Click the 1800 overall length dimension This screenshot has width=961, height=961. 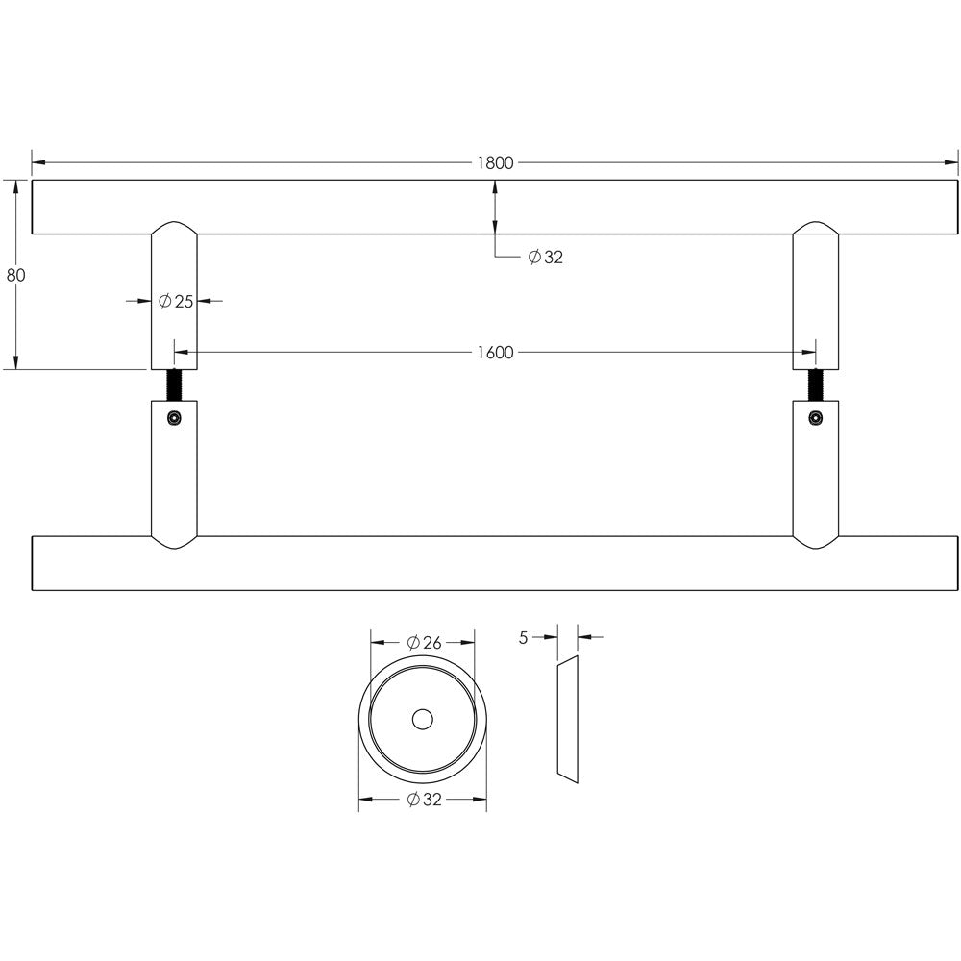495,163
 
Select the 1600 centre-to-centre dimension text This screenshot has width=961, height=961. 495,353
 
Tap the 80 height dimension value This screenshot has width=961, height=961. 16,275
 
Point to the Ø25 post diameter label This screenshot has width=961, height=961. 176,301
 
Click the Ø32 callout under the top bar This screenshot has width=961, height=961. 546,257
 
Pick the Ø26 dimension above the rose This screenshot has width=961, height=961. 424,642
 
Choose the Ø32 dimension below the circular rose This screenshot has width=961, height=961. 424,800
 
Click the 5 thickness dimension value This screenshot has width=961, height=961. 523,638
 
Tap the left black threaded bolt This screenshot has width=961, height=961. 175,385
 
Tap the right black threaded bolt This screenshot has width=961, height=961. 816,385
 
